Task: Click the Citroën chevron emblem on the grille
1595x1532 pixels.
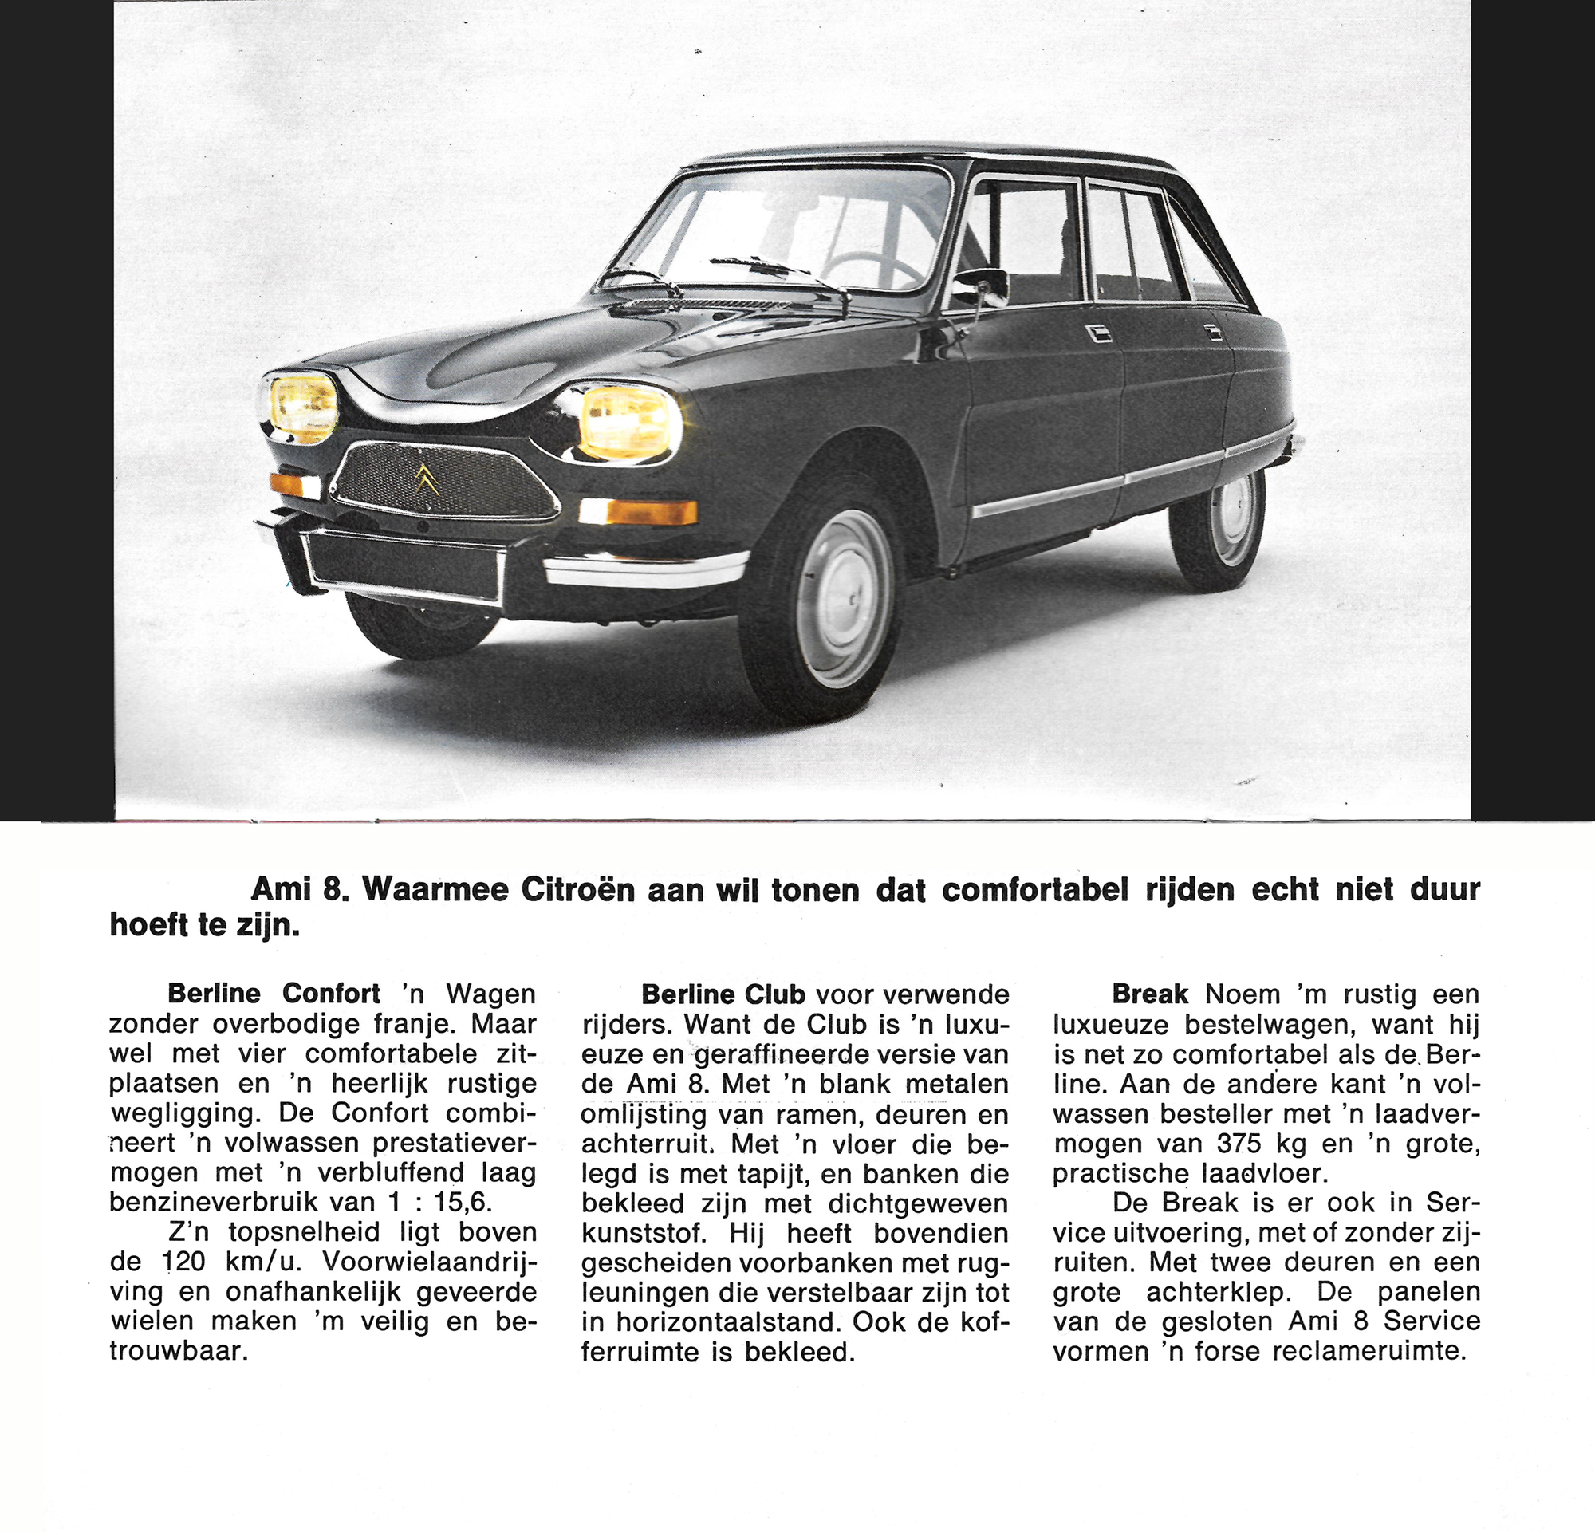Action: coord(427,479)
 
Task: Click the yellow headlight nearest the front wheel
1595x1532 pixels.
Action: coord(629,422)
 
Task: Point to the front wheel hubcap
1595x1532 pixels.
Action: coord(844,598)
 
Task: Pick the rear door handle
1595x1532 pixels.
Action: coord(1213,332)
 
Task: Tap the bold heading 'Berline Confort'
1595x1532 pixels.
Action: coord(274,994)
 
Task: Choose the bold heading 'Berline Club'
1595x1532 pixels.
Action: coord(723,994)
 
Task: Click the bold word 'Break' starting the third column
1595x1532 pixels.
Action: coord(1150,994)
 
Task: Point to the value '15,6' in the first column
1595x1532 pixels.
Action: coord(463,1202)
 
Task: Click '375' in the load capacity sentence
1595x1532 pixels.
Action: coord(1239,1143)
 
